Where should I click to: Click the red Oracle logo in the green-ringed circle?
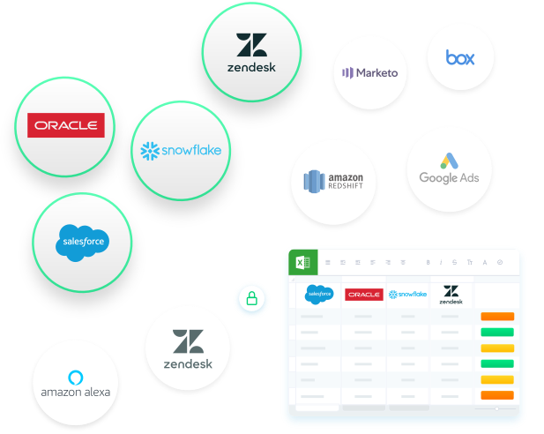pyautogui.click(x=65, y=125)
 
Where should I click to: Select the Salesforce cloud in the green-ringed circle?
pyautogui.click(x=82, y=241)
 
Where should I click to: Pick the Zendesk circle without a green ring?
pyautogui.click(x=187, y=348)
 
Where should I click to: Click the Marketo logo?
pyautogui.click(x=370, y=72)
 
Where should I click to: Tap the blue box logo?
pyautogui.click(x=460, y=57)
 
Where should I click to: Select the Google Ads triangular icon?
pyautogui.click(x=450, y=161)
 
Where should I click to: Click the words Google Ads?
pyautogui.click(x=449, y=178)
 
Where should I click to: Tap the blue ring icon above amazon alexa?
pyautogui.click(x=75, y=375)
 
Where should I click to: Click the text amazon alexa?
pyautogui.click(x=75, y=392)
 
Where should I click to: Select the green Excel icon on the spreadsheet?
pyautogui.click(x=302, y=262)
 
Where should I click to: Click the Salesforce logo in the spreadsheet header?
pyautogui.click(x=319, y=294)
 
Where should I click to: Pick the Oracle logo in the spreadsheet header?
pyautogui.click(x=363, y=295)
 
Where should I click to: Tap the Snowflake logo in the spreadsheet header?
pyautogui.click(x=407, y=294)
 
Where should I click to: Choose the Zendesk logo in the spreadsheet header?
pyautogui.click(x=451, y=294)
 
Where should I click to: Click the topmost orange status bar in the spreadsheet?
pyautogui.click(x=497, y=317)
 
